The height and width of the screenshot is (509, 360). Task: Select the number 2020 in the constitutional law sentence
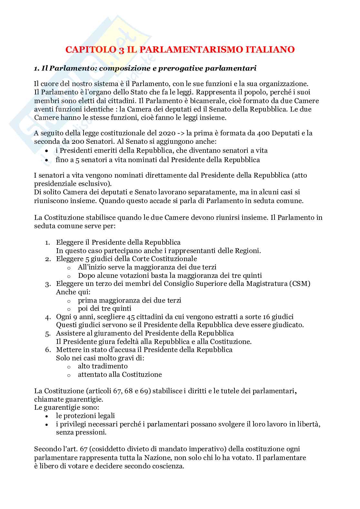167,133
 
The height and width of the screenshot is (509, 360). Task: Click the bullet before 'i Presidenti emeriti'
47,151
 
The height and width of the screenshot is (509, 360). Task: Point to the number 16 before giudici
270,317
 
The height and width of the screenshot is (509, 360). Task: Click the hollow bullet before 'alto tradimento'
68,367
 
